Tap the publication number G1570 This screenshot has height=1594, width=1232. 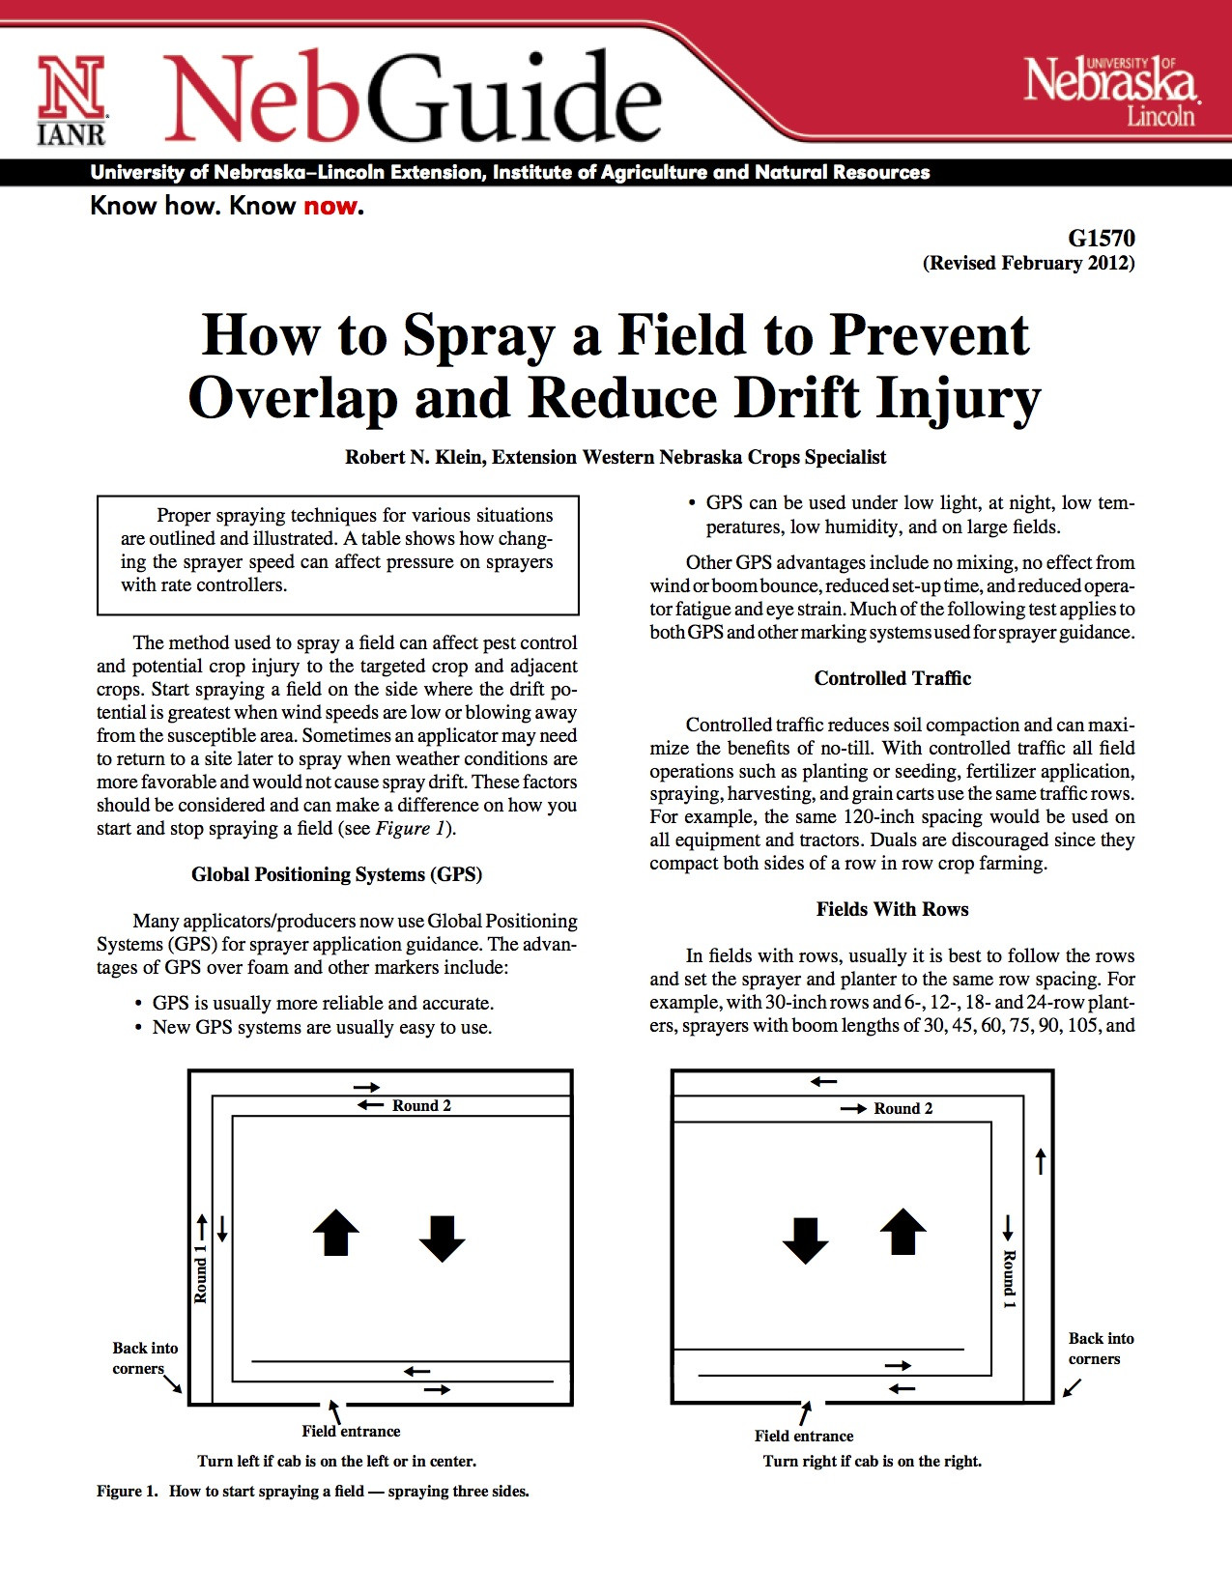(x=1101, y=239)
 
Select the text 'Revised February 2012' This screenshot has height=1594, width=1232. (x=1028, y=263)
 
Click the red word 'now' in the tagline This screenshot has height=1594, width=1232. (x=329, y=206)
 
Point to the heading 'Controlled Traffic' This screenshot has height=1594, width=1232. (x=892, y=678)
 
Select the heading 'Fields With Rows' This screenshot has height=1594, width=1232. (x=892, y=909)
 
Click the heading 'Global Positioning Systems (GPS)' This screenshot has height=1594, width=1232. (x=336, y=874)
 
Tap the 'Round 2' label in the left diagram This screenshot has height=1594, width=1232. (x=421, y=1106)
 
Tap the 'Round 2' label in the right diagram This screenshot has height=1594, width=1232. (x=903, y=1109)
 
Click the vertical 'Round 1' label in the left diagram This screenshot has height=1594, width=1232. (x=201, y=1273)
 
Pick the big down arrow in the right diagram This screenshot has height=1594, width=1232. (x=805, y=1239)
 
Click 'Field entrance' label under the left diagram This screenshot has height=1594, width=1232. (x=351, y=1432)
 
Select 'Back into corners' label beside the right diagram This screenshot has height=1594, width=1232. (x=1101, y=1349)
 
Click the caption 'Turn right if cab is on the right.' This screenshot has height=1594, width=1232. (x=872, y=1462)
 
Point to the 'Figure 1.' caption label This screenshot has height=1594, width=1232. (x=127, y=1492)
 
